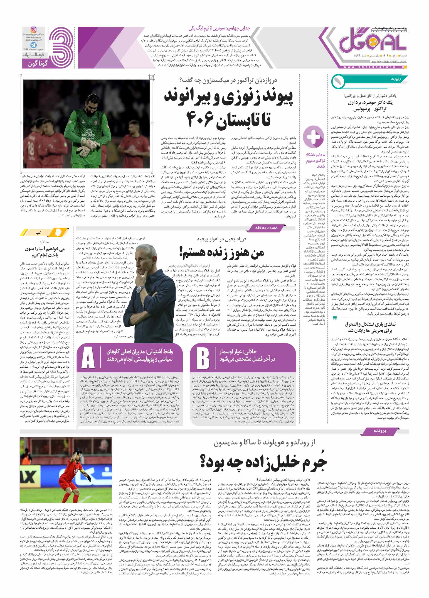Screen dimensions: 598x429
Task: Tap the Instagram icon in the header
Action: pyautogui.click(x=34, y=30)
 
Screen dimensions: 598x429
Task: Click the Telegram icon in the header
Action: pyautogui.click(x=34, y=45)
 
